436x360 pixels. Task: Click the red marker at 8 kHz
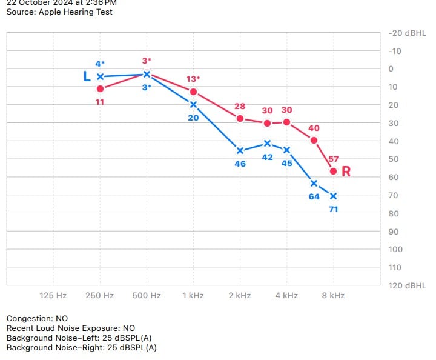[333, 171]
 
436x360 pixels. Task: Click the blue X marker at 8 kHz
[333, 196]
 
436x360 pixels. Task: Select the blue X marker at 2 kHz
[240, 150]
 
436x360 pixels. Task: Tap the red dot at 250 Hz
[100, 88]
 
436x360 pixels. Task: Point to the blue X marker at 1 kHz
[193, 104]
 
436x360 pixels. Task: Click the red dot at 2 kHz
[240, 118]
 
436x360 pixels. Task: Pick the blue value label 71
[333, 209]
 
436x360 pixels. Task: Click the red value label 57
[333, 159]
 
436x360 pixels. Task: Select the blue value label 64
[314, 196]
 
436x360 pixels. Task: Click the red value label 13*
[193, 79]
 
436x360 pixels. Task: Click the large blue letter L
[87, 76]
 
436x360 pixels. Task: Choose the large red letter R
[346, 172]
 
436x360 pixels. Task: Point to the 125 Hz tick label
[53, 295]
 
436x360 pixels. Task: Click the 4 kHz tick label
[286, 295]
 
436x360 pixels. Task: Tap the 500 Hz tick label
[147, 295]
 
